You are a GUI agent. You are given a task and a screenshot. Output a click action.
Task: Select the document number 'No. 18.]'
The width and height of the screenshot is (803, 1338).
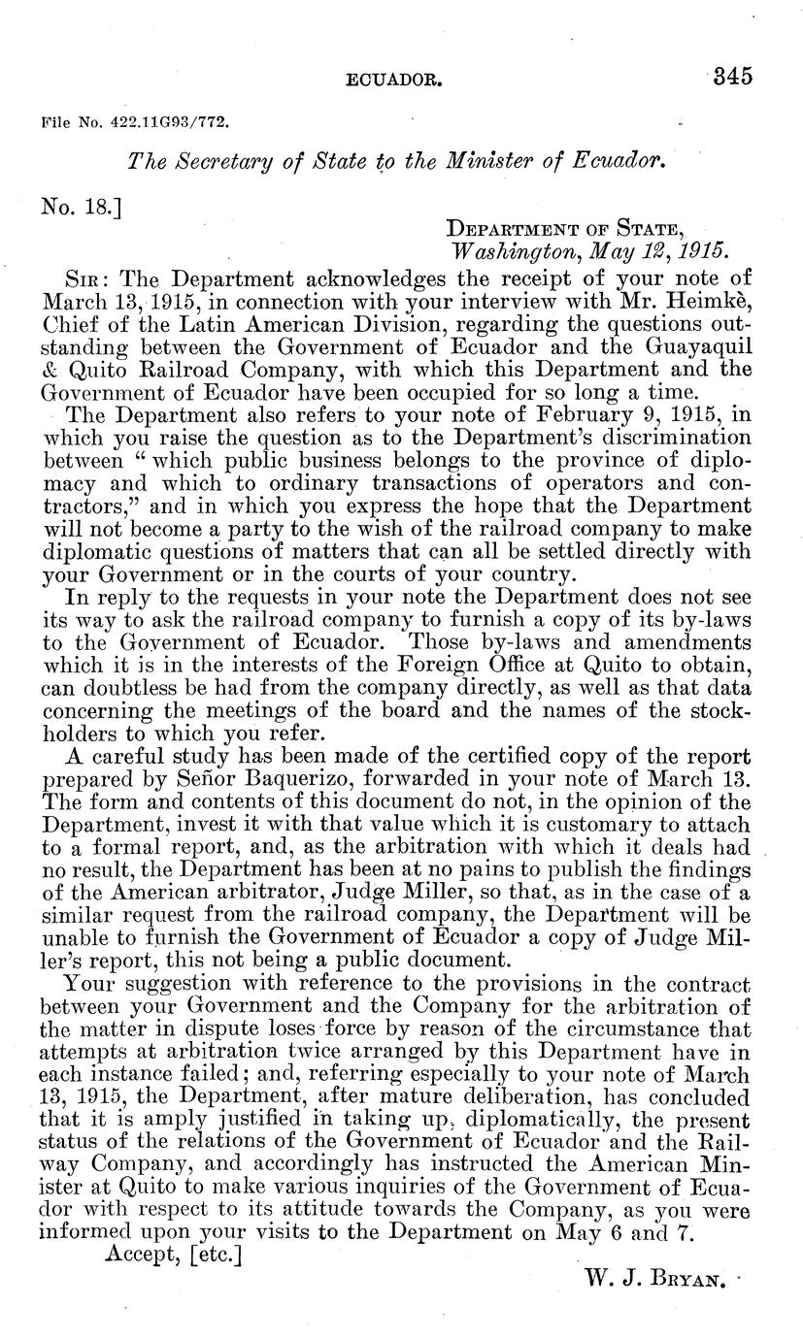pos(82,206)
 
